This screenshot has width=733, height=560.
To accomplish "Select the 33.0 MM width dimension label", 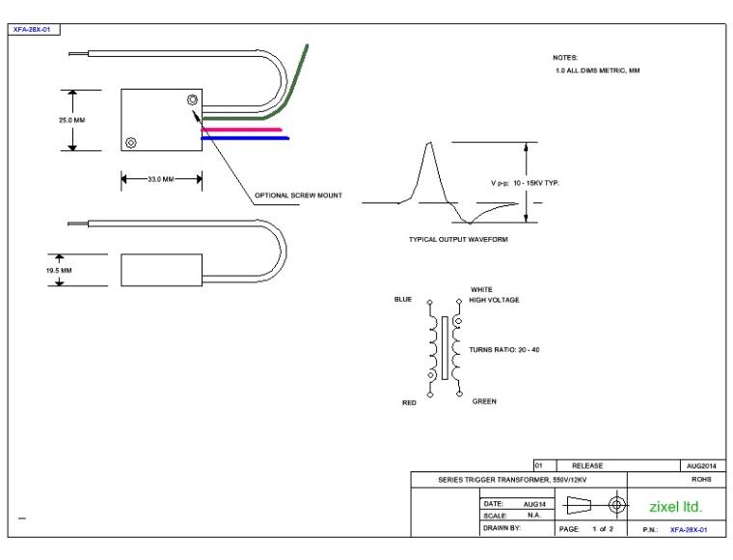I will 159,178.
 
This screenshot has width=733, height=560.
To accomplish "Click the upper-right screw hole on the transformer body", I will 192,99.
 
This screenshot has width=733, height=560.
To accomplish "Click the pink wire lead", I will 241,129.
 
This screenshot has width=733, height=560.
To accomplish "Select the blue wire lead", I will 245,138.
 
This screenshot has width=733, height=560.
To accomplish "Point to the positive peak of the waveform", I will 426,145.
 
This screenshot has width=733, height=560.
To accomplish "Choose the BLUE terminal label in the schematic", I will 402,300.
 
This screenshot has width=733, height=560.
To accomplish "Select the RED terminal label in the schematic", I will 408,403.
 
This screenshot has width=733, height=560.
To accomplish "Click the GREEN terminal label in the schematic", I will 484,402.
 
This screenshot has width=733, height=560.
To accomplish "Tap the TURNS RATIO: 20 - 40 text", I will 504,349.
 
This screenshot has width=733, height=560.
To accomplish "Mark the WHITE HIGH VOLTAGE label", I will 494,295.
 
